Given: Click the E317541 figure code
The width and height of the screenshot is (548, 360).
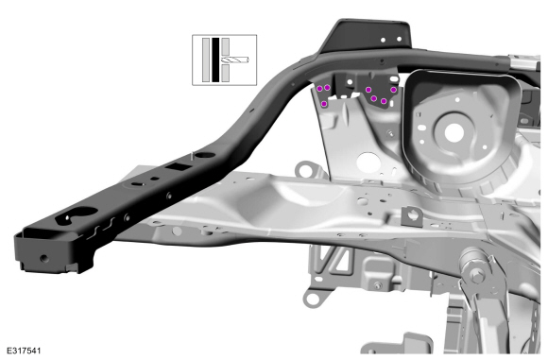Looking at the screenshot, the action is coord(24,351).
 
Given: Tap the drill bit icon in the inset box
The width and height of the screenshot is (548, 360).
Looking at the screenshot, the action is coord(235,60).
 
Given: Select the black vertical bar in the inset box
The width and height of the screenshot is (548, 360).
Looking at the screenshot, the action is coord(215,60).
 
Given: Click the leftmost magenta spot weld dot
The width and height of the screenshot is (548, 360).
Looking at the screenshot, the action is coord(319,89).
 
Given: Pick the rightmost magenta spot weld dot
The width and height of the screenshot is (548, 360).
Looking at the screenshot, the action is coord(394,90).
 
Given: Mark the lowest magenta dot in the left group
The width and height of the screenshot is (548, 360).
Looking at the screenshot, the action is coord(324,103).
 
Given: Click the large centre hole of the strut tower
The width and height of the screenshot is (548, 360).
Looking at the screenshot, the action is coord(454,133).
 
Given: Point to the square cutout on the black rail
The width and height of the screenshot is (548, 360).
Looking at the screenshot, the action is coord(179,166).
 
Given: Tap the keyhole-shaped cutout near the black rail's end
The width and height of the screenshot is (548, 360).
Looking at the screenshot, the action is coord(77,214).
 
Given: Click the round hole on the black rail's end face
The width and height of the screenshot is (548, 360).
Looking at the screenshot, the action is coord(44,259).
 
